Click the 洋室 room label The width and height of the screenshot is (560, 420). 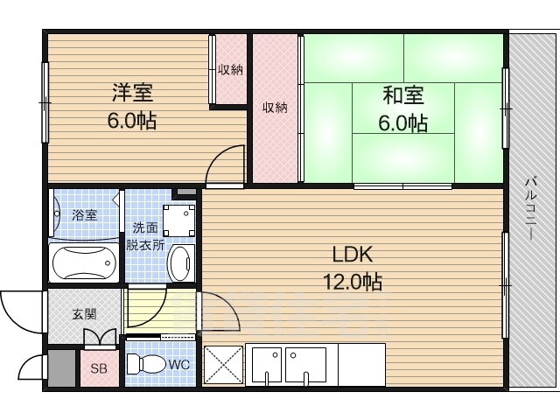[x=132, y=92]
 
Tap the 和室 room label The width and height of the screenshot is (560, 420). [x=403, y=95]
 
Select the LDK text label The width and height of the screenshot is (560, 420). [x=353, y=255]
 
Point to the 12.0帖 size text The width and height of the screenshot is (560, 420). [x=353, y=282]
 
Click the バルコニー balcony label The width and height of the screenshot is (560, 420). [x=531, y=208]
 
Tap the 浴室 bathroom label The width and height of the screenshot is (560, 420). [x=85, y=215]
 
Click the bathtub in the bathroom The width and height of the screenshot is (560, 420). [x=84, y=263]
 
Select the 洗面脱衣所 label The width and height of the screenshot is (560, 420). [x=145, y=236]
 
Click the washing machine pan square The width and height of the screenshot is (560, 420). [x=179, y=220]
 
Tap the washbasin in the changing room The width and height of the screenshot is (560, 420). [x=181, y=263]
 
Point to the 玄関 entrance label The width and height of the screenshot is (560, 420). [x=85, y=314]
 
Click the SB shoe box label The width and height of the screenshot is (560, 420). [x=99, y=368]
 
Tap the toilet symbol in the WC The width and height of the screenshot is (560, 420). [x=146, y=364]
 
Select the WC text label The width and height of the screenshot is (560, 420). [x=178, y=365]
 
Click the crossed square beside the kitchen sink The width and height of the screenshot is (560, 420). [x=223, y=365]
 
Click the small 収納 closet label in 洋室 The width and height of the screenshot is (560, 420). [x=231, y=70]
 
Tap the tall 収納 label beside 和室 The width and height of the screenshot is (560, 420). [x=275, y=108]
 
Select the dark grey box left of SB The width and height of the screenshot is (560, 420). [x=62, y=367]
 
